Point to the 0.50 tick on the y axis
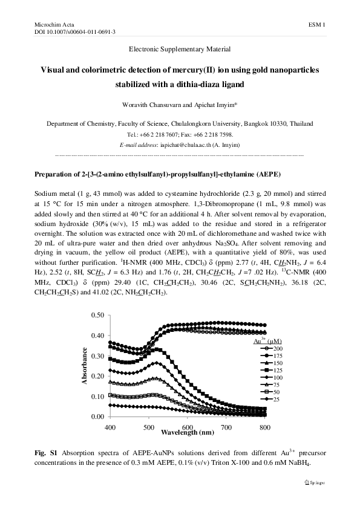(96, 316)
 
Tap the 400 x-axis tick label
(110, 427)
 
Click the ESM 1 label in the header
(317, 24)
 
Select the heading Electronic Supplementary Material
(179, 48)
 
